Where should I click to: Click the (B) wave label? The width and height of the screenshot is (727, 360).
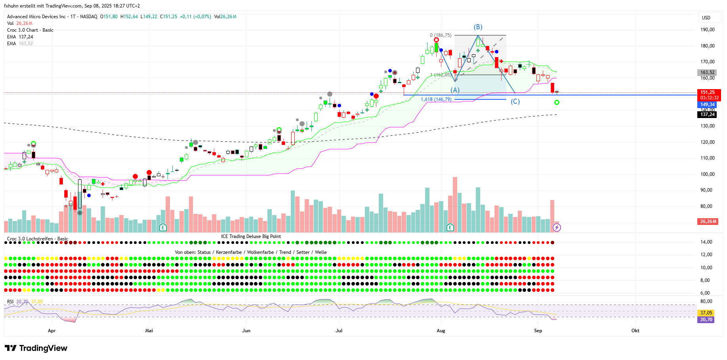click(x=478, y=27)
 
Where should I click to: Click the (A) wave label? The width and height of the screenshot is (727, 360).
click(x=455, y=90)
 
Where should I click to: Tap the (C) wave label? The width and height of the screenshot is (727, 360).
click(x=515, y=101)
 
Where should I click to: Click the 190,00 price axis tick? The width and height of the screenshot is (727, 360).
click(x=707, y=30)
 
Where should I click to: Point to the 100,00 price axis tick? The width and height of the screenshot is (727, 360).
click(x=707, y=174)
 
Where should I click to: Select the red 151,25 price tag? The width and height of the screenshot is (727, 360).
click(x=709, y=92)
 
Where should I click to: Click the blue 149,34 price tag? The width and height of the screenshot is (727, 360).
click(x=707, y=105)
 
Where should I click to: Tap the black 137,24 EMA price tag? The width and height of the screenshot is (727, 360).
click(x=707, y=114)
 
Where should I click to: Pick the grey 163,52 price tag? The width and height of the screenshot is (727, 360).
click(x=707, y=72)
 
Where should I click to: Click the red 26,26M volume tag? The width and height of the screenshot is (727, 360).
click(x=708, y=221)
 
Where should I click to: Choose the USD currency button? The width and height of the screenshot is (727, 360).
click(x=706, y=18)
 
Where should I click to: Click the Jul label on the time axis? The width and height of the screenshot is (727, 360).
click(x=339, y=331)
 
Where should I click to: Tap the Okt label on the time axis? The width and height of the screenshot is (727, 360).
click(x=635, y=331)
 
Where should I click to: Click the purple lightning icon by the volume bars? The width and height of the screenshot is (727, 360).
click(x=557, y=227)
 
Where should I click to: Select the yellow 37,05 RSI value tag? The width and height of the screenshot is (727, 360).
click(x=706, y=313)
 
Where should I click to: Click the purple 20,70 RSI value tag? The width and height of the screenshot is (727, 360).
click(x=706, y=320)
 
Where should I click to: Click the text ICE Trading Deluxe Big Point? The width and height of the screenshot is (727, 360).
click(x=251, y=236)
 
